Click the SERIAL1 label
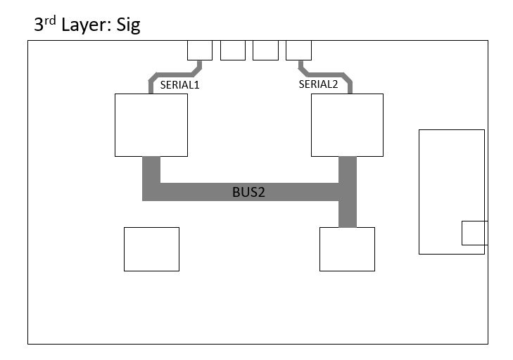181,84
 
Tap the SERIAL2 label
318,84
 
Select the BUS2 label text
248,192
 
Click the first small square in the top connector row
200,50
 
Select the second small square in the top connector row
233,50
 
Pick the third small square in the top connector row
265,50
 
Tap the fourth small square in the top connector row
298,50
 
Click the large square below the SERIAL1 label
151,124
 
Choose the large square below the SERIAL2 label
348,124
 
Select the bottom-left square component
151,249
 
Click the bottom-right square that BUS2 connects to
347,249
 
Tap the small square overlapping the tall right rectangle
474,233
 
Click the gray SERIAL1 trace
172,73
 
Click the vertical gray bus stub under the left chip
151,170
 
